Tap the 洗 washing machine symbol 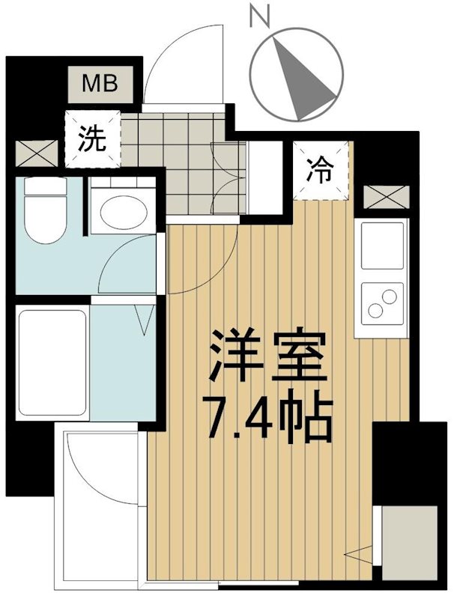pos(92,138)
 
